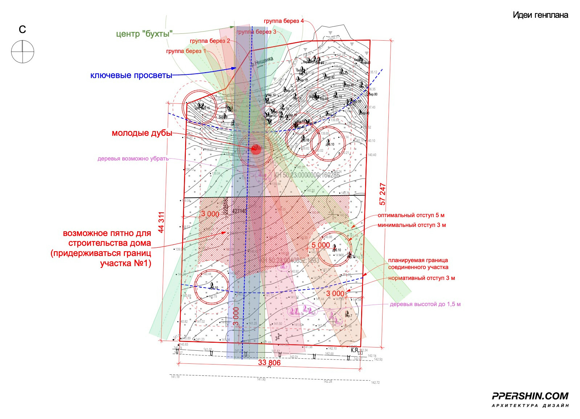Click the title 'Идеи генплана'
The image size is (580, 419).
(540, 15)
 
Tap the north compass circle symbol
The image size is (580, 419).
(23, 52)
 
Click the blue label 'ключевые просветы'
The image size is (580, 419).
(131, 76)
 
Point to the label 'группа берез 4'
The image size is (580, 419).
(284, 21)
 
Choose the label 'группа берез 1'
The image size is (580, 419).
(186, 51)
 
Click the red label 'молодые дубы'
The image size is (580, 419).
(142, 133)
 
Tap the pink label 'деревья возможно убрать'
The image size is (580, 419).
(133, 159)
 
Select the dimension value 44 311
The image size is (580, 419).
(161, 222)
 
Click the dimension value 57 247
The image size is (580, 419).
(383, 194)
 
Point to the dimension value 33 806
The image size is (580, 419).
(269, 362)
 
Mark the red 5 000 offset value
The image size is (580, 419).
(321, 245)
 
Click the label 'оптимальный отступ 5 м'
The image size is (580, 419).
(411, 215)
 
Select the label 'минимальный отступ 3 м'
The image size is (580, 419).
(412, 225)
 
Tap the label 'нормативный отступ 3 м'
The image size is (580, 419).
(421, 278)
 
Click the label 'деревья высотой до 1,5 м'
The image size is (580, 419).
(425, 304)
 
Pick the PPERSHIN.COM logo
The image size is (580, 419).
(530, 396)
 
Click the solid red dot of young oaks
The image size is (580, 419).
(256, 148)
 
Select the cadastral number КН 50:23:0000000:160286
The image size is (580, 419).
(307, 175)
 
